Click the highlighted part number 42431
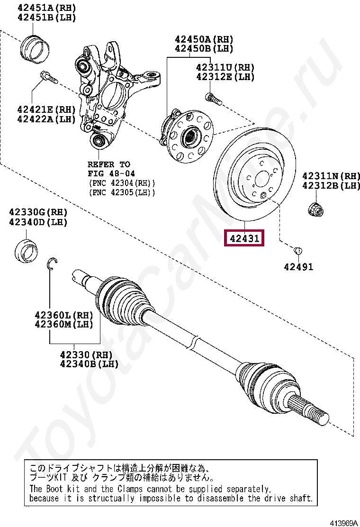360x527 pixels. (x=244, y=238)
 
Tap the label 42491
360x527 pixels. (x=298, y=267)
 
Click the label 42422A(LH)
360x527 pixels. (x=46, y=119)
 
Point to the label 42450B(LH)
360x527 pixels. (x=204, y=48)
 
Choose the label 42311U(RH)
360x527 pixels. (x=225, y=67)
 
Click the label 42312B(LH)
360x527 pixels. (x=332, y=185)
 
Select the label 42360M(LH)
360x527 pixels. (x=63, y=324)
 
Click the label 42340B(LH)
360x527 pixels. (x=89, y=364)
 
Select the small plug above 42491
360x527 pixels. (x=298, y=250)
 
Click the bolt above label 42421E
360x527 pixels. (x=48, y=77)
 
